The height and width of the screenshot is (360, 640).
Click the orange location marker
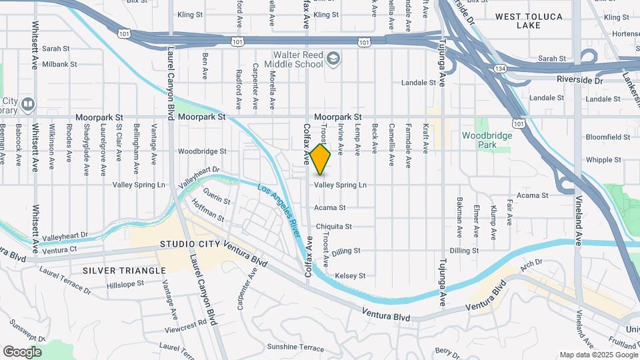click(321, 159)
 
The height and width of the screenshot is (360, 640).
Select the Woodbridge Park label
click(487, 140)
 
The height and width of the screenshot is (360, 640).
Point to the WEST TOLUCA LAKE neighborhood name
click(529, 21)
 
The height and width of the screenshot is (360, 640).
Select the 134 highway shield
click(500, 69)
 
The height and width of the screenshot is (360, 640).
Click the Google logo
click(22, 351)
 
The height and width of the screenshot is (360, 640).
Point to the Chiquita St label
click(333, 227)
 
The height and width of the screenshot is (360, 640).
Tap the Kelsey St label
click(350, 275)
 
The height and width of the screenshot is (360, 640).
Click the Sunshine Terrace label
click(295, 347)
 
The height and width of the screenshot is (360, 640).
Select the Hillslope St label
click(125, 284)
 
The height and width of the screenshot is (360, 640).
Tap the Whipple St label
click(603, 160)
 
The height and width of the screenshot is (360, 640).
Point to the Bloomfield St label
click(607, 137)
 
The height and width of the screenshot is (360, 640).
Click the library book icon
click(27, 104)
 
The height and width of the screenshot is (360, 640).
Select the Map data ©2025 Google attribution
click(597, 355)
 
